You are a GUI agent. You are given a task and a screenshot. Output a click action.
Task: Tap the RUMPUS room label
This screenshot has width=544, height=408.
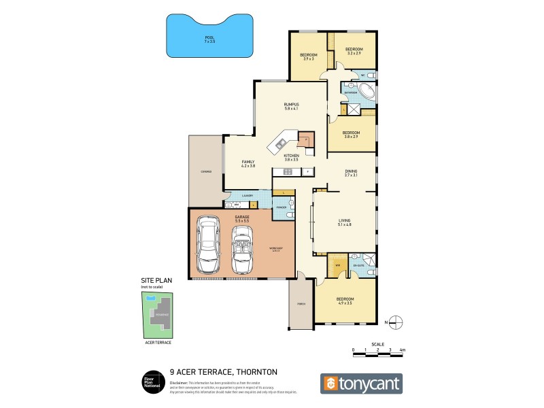[x=292, y=105]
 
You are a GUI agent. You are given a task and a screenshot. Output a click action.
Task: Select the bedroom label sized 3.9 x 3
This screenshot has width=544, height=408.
[x=308, y=56]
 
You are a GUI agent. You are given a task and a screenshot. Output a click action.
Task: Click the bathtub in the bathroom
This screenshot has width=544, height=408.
[x=363, y=93]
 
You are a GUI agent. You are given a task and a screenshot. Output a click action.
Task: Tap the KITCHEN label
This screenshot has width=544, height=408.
[x=291, y=157]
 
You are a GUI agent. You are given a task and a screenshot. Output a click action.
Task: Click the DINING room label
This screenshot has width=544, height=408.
[x=351, y=173]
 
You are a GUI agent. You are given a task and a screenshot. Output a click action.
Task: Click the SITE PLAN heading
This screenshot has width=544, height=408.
[x=153, y=280]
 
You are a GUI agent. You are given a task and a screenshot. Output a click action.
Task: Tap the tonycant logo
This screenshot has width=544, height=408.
[x=361, y=384]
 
